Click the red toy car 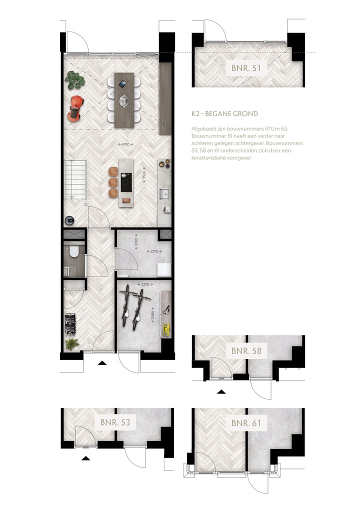click(x=75, y=108)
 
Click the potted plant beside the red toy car click(x=75, y=78)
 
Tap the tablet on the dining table click(x=122, y=83)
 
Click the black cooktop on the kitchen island click(x=125, y=182)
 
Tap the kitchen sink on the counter click(x=164, y=193)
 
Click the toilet click(x=74, y=251)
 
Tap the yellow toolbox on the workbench click(x=167, y=328)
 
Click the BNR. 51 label click(x=246, y=68)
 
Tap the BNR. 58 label click(x=246, y=350)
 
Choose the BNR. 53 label click(x=115, y=422)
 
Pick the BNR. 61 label click(x=246, y=423)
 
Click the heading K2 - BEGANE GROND click(x=224, y=114)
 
